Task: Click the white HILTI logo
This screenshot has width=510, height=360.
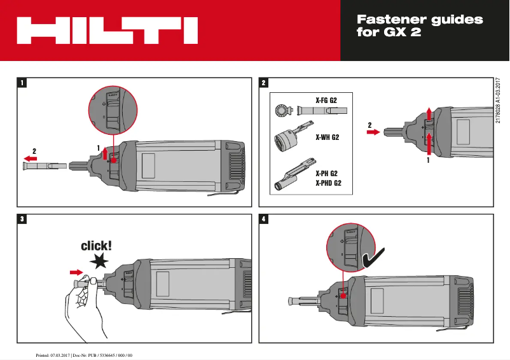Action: pos(107,31)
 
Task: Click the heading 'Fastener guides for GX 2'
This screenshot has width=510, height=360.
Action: pos(420,26)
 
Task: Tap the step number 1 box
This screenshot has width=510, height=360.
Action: pos(23,83)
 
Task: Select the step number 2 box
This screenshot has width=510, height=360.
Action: pos(264,83)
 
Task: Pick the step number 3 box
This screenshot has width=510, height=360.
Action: pos(23,219)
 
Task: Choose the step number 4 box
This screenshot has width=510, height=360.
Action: pos(264,219)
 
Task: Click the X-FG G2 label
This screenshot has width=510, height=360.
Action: pos(326,100)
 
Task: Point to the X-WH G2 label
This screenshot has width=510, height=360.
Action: pos(327,137)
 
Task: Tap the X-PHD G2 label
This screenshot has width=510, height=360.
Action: pos(329,183)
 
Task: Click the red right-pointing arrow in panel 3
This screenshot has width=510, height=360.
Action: pos(76,272)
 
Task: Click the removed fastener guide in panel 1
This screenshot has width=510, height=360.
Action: pos(43,166)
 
